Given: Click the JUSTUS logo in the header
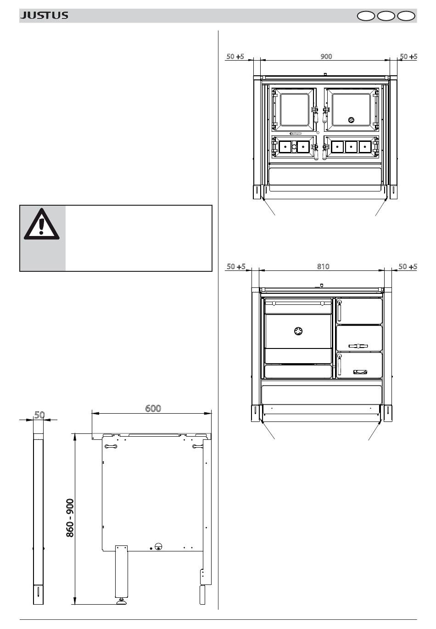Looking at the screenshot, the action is click(x=44, y=15).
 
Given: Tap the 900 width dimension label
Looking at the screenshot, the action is click(x=326, y=56).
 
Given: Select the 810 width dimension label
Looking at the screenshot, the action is click(x=323, y=266).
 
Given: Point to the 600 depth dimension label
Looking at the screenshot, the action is click(x=153, y=408).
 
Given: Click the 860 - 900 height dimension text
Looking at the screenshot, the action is click(x=70, y=518).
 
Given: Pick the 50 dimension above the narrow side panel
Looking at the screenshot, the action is click(x=39, y=415).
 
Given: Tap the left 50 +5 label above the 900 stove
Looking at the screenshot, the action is click(x=235, y=56).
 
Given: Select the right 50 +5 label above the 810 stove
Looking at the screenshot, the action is click(x=408, y=266).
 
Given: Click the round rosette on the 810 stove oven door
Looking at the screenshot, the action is click(x=298, y=331).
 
